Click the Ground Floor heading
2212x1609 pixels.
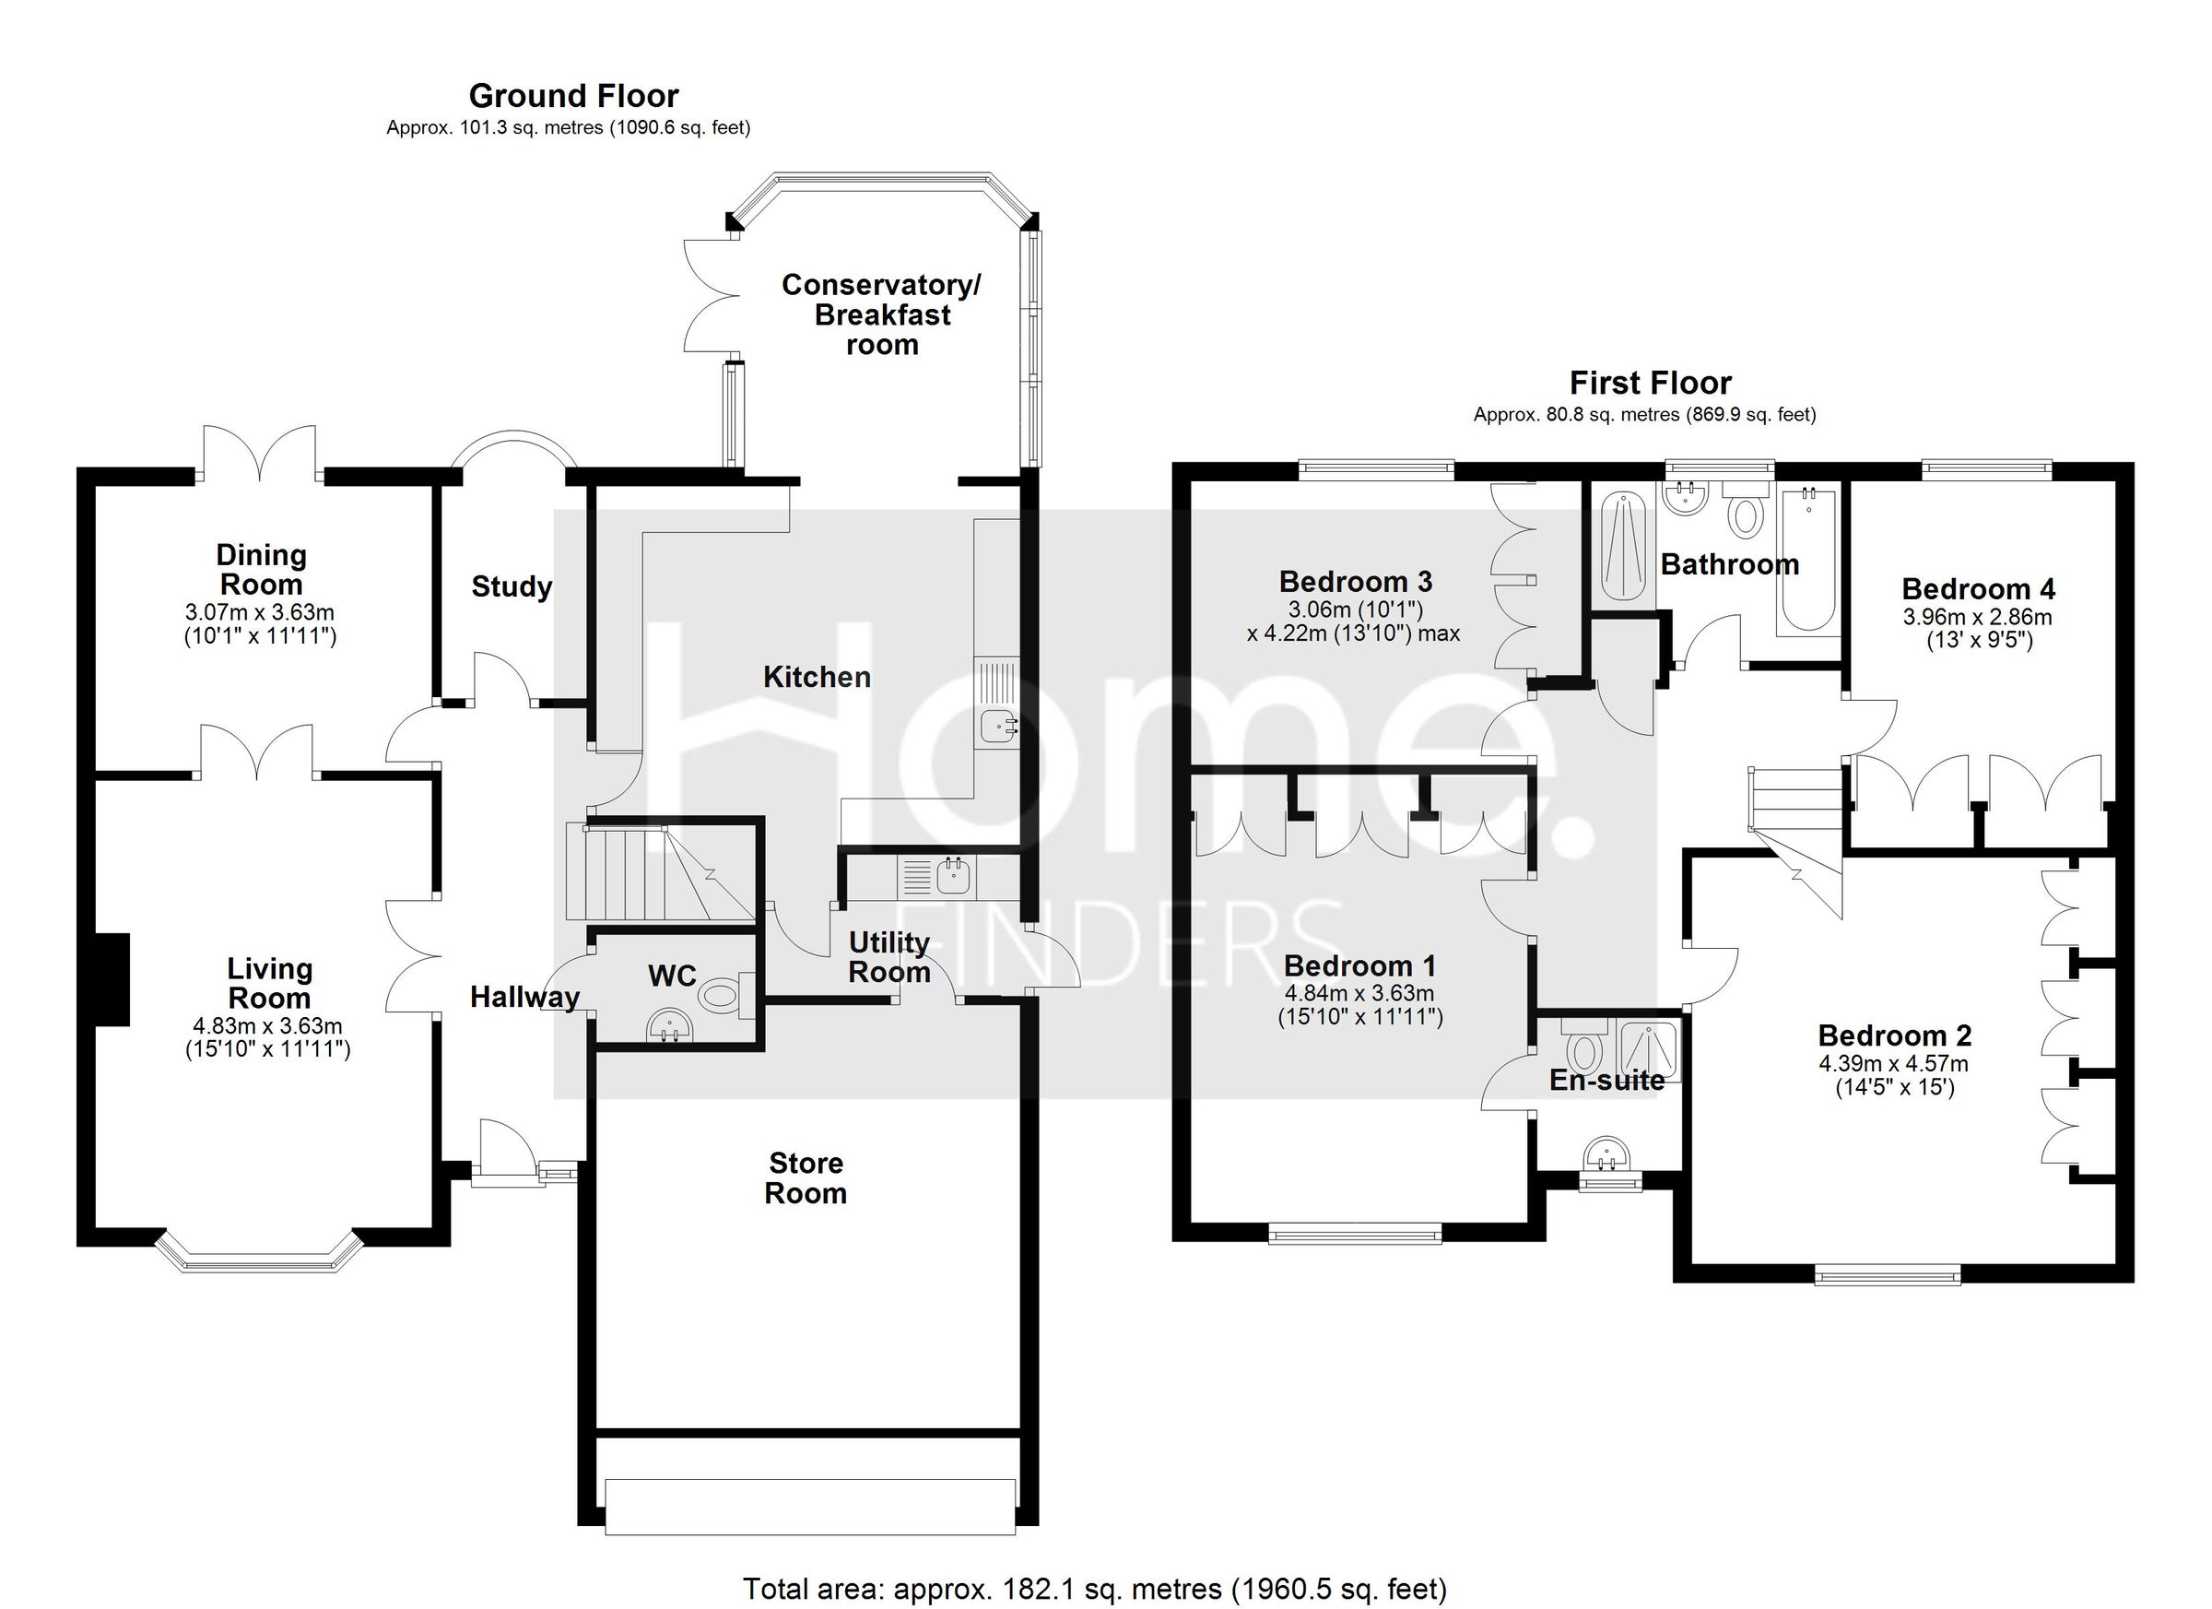pyautogui.click(x=573, y=96)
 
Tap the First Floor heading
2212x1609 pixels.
pyautogui.click(x=1650, y=383)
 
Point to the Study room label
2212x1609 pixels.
pyautogui.click(x=511, y=586)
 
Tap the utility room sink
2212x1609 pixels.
pyautogui.click(x=952, y=877)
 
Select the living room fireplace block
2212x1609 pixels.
pyautogui.click(x=112, y=978)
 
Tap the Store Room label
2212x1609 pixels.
pyautogui.click(x=806, y=1177)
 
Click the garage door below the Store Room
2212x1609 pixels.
pyautogui.click(x=809, y=1506)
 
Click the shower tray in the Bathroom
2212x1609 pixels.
pyautogui.click(x=1623, y=550)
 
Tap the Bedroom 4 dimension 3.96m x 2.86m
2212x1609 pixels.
pyautogui.click(x=1978, y=617)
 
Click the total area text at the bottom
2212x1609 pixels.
pyautogui.click(x=1094, y=1589)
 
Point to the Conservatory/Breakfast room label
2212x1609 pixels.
pyautogui.click(x=881, y=314)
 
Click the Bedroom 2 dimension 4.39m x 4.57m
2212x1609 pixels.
pyautogui.click(x=1893, y=1063)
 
